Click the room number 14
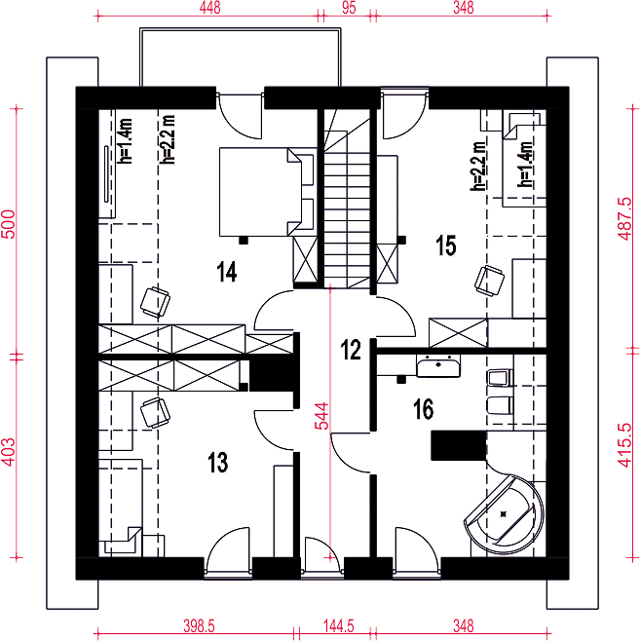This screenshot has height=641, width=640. click(x=227, y=272)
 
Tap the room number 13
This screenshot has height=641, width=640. click(x=217, y=463)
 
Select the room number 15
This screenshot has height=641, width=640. click(x=445, y=245)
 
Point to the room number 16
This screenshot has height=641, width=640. click(x=424, y=409)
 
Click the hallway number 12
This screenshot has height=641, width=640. click(x=351, y=350)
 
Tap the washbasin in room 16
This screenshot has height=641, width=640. click(x=438, y=365)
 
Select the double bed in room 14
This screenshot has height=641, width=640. click(x=267, y=192)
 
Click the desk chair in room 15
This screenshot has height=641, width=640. click(x=489, y=280)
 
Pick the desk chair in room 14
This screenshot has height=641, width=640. click(x=155, y=303)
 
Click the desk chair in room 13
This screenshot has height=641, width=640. click(x=155, y=413)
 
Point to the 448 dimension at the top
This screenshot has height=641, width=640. click(x=209, y=8)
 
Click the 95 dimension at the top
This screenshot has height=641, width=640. click(x=349, y=8)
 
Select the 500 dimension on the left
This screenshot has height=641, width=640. click(x=8, y=224)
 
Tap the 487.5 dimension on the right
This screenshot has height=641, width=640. click(x=624, y=219)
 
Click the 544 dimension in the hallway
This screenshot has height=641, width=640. click(x=321, y=416)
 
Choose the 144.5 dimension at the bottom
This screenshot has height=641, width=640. click(x=338, y=625)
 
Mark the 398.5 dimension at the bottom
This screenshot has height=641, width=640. click(x=199, y=625)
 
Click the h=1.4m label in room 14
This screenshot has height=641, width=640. click(x=125, y=141)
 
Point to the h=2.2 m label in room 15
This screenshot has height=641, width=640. click(x=478, y=166)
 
